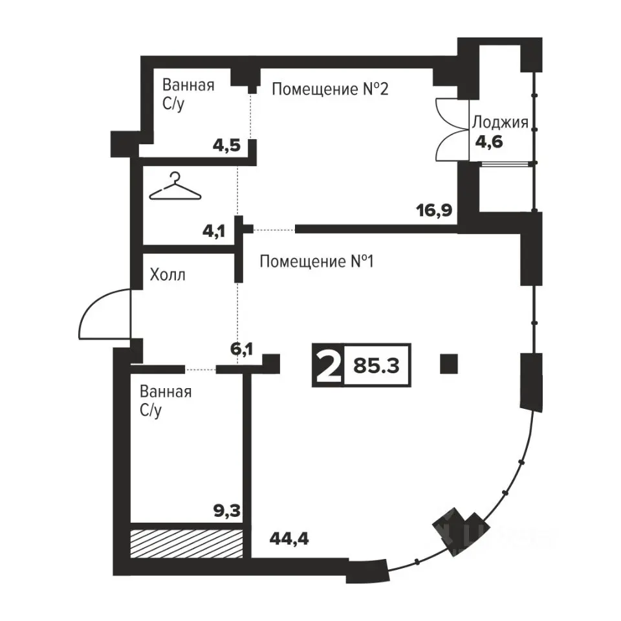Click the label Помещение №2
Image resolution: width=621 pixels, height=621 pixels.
(x=330, y=89)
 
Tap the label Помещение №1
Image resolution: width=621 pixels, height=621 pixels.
(x=316, y=261)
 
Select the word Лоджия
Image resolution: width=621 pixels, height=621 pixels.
(x=500, y=123)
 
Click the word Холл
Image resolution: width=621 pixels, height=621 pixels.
(x=168, y=274)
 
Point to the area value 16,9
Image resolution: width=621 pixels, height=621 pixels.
(x=434, y=210)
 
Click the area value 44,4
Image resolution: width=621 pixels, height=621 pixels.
(x=289, y=539)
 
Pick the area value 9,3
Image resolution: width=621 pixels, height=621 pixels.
(x=227, y=511)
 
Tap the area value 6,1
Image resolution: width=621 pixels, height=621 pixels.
(x=241, y=349)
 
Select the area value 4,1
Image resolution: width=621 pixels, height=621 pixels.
(x=214, y=230)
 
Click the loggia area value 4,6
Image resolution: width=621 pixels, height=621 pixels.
(x=489, y=142)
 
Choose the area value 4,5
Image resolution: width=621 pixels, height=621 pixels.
(x=226, y=146)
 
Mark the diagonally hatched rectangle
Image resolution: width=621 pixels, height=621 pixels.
(x=186, y=544)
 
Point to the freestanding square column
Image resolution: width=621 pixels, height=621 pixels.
(x=449, y=364)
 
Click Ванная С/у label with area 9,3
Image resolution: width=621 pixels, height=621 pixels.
(x=166, y=401)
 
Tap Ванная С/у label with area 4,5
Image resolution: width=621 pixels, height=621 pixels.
(x=188, y=94)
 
